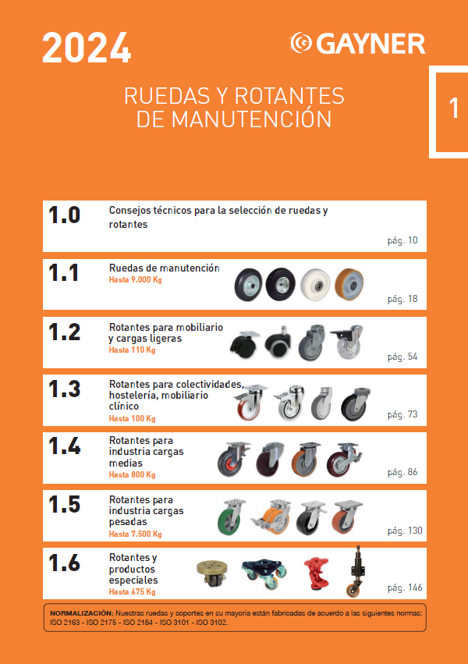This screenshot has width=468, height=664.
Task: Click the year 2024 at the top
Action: pos(87,48)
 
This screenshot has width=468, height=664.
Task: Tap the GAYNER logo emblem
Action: pos(301,43)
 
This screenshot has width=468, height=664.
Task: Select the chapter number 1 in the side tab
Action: pos(454,108)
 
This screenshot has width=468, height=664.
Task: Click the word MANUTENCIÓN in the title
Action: pos(251,119)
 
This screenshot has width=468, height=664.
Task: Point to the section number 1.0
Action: pos(64,215)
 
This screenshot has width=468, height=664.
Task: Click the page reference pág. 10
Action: pos(402,240)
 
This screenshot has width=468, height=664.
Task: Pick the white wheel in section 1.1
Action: pos(315,285)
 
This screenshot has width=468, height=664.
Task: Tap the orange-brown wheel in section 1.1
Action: pos(349,284)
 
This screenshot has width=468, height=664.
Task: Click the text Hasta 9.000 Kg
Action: pos(136,280)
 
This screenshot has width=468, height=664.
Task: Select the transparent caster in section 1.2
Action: pos(347,343)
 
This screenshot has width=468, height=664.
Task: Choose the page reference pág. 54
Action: pos(402,357)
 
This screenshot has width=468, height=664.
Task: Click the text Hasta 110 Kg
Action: pos(132,350)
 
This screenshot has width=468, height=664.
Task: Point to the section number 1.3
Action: pos(64,389)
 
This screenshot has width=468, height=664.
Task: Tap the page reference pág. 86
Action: pos(402,472)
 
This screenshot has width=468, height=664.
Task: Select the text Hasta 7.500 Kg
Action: pos(136,534)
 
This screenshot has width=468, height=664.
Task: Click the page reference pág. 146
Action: pos(405,588)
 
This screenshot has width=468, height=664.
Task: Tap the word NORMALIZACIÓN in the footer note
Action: pos(82,613)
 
